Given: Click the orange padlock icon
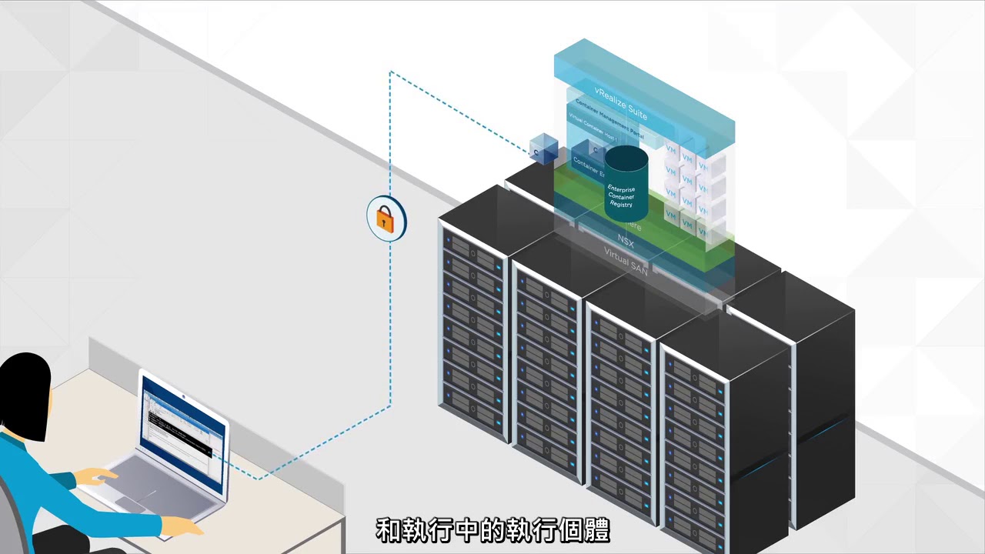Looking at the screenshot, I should [386, 220].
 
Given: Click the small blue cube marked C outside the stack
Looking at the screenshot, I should [544, 149].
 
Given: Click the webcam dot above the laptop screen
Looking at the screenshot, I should [185, 395].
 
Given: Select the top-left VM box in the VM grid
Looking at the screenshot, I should [671, 149].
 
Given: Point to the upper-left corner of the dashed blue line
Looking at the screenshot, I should [391, 73].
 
